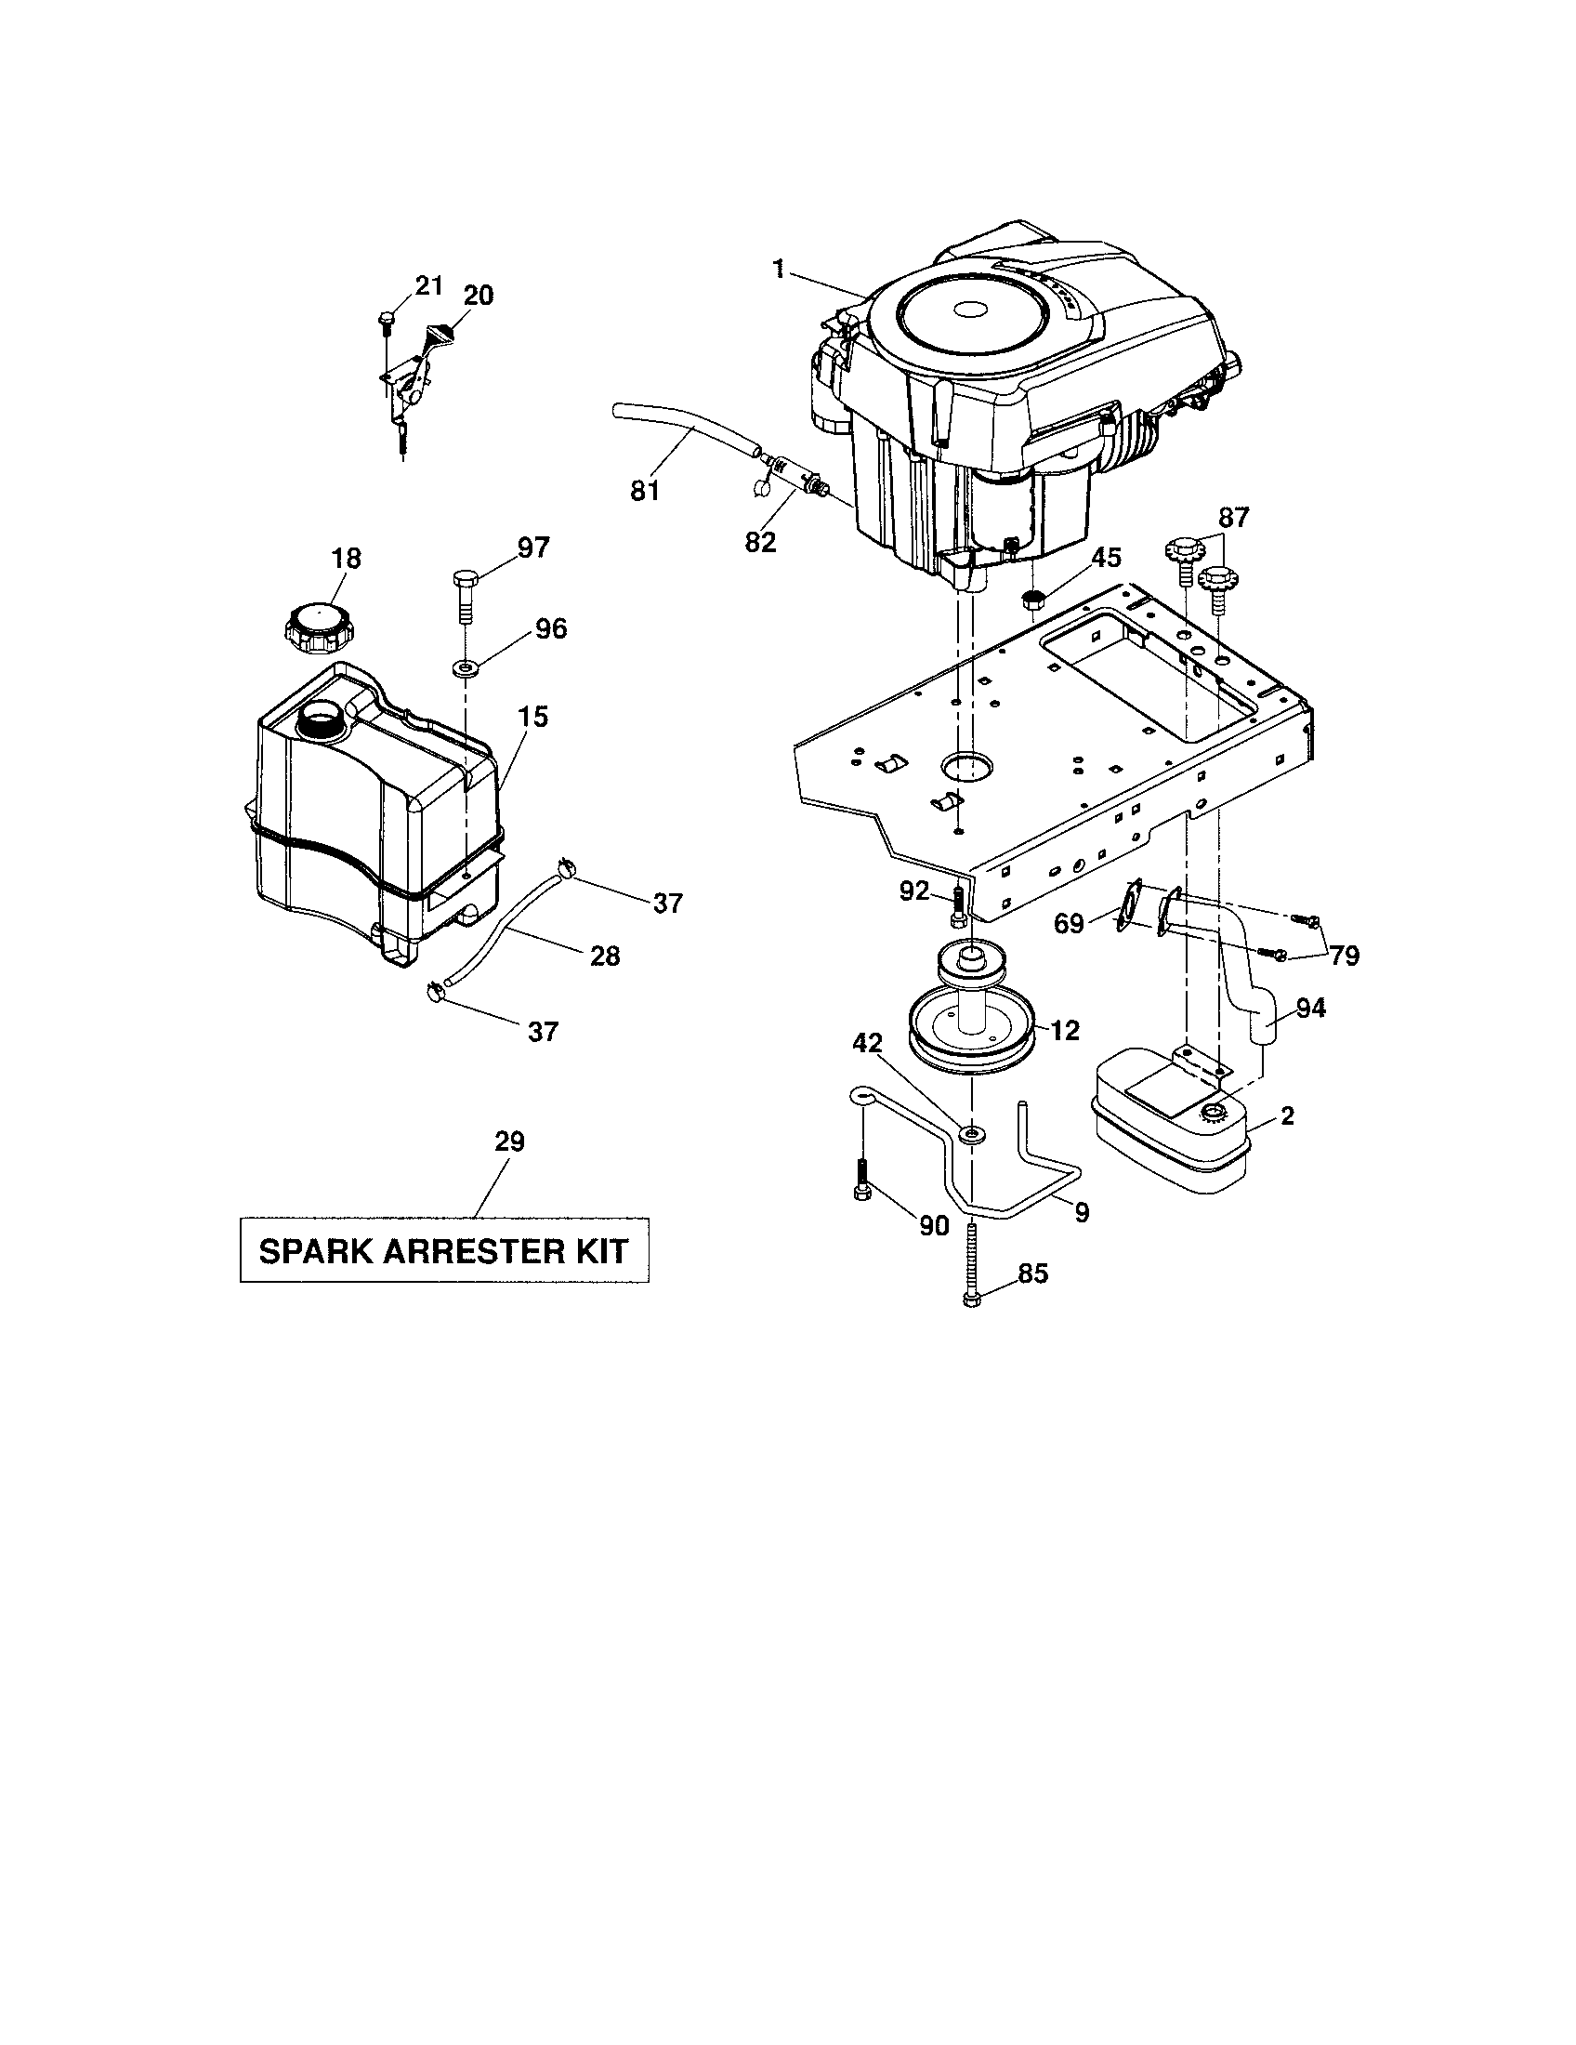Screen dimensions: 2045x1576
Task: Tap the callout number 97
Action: [x=533, y=548]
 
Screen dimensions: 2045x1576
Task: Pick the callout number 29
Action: [x=509, y=1141]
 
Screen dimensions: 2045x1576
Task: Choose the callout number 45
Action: [x=1106, y=557]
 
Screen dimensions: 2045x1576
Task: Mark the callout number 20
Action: [x=478, y=296]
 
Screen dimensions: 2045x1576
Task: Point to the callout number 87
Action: [x=1233, y=518]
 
